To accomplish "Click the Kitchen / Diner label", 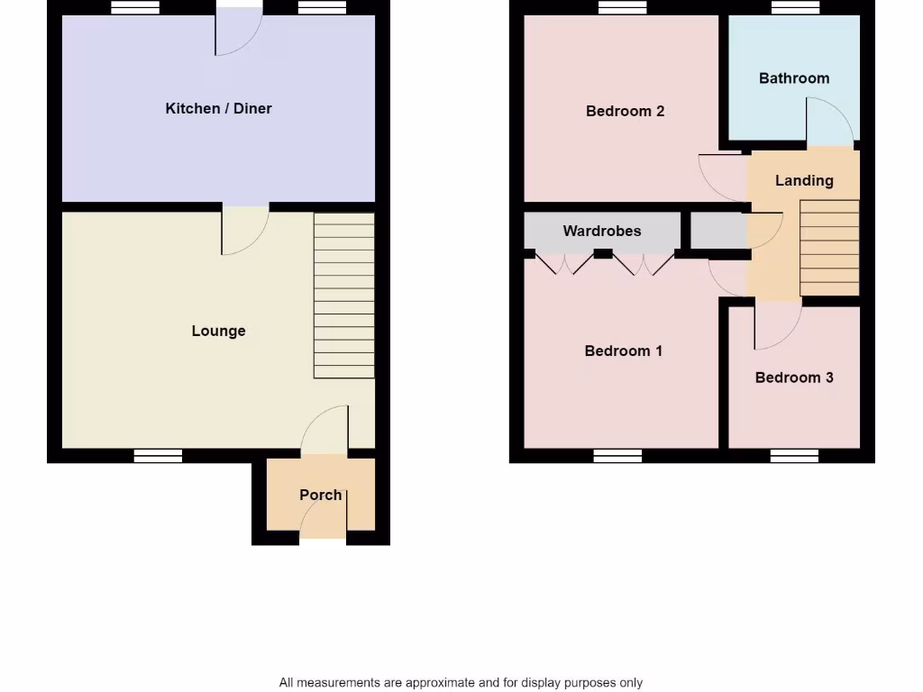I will tap(218, 108).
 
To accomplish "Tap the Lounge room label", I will tap(218, 331).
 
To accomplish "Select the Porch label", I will tap(320, 495).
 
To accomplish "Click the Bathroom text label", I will tap(793, 78).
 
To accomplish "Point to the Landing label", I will tap(804, 180).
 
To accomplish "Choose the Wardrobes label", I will tap(602, 231).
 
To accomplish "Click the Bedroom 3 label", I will tap(793, 378).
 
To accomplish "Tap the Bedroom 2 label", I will tap(625, 111).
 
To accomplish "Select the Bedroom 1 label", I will tap(623, 351).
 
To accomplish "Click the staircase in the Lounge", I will tap(343, 296).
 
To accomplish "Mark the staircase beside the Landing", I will tap(829, 248).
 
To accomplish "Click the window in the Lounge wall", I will tap(158, 456).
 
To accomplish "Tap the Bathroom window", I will tap(796, 7).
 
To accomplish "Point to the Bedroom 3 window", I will tap(794, 456).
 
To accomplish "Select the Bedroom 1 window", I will tap(617, 456).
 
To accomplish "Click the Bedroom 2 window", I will tap(622, 7).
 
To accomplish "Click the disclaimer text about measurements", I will tap(461, 682).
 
